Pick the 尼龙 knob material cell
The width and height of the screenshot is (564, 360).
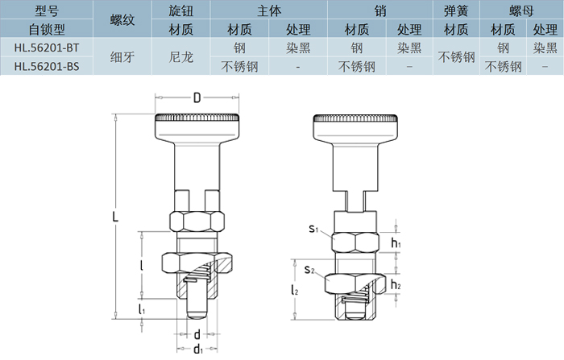click(x=183, y=57)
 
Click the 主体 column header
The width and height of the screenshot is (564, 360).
click(x=268, y=11)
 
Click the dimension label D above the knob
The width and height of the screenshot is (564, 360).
click(x=197, y=98)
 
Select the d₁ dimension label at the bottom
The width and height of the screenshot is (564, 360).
click(x=197, y=349)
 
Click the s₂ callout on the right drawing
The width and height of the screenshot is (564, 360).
click(x=309, y=268)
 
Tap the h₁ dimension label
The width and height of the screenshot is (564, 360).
click(x=396, y=242)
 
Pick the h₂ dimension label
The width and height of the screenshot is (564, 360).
click(x=396, y=284)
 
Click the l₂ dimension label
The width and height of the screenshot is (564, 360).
click(x=295, y=288)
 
